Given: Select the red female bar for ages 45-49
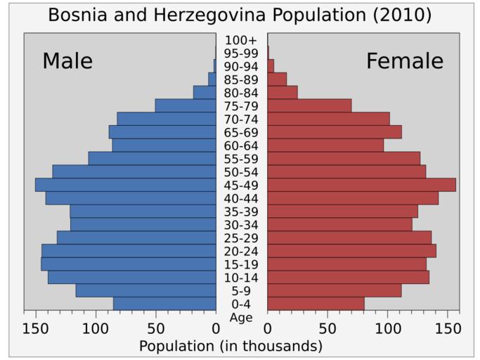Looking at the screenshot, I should tap(361, 185).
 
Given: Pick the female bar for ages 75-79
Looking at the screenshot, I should tap(309, 105).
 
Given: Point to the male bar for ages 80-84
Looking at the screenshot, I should tap(205, 92).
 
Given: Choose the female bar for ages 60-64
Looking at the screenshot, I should tap(325, 146).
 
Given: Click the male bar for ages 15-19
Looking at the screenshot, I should tap(128, 264).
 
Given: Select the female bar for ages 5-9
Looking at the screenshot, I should tap(334, 290).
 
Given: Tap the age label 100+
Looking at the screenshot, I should tap(241, 40).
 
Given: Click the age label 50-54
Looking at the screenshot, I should tap(241, 172).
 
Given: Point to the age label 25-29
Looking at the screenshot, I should tap(241, 238).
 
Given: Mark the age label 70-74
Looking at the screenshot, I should tap(241, 120).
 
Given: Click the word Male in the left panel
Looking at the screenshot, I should tap(67, 61).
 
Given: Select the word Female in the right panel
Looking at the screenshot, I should tap(404, 61).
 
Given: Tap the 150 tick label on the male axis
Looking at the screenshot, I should tap(36, 328).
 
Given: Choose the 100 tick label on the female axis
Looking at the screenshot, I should tap(388, 328).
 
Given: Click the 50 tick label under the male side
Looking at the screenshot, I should tap(155, 328).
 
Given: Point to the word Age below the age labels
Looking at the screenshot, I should tap(241, 318).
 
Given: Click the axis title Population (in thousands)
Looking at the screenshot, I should tap(231, 346).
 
